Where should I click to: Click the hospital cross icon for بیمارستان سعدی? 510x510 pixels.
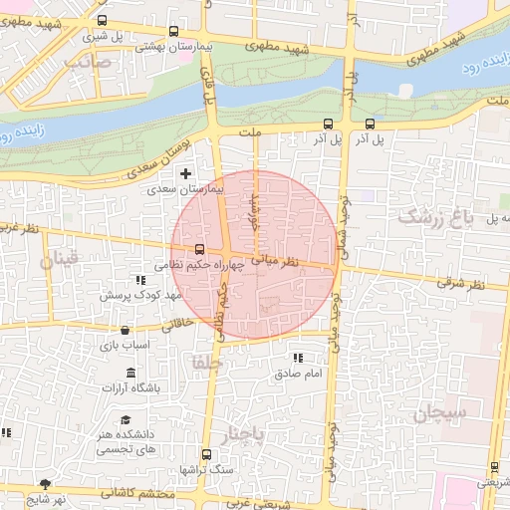point(185,173)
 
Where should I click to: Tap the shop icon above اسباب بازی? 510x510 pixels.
point(125,330)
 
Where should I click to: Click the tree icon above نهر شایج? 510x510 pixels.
point(45,484)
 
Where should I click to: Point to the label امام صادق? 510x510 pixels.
point(296,374)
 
